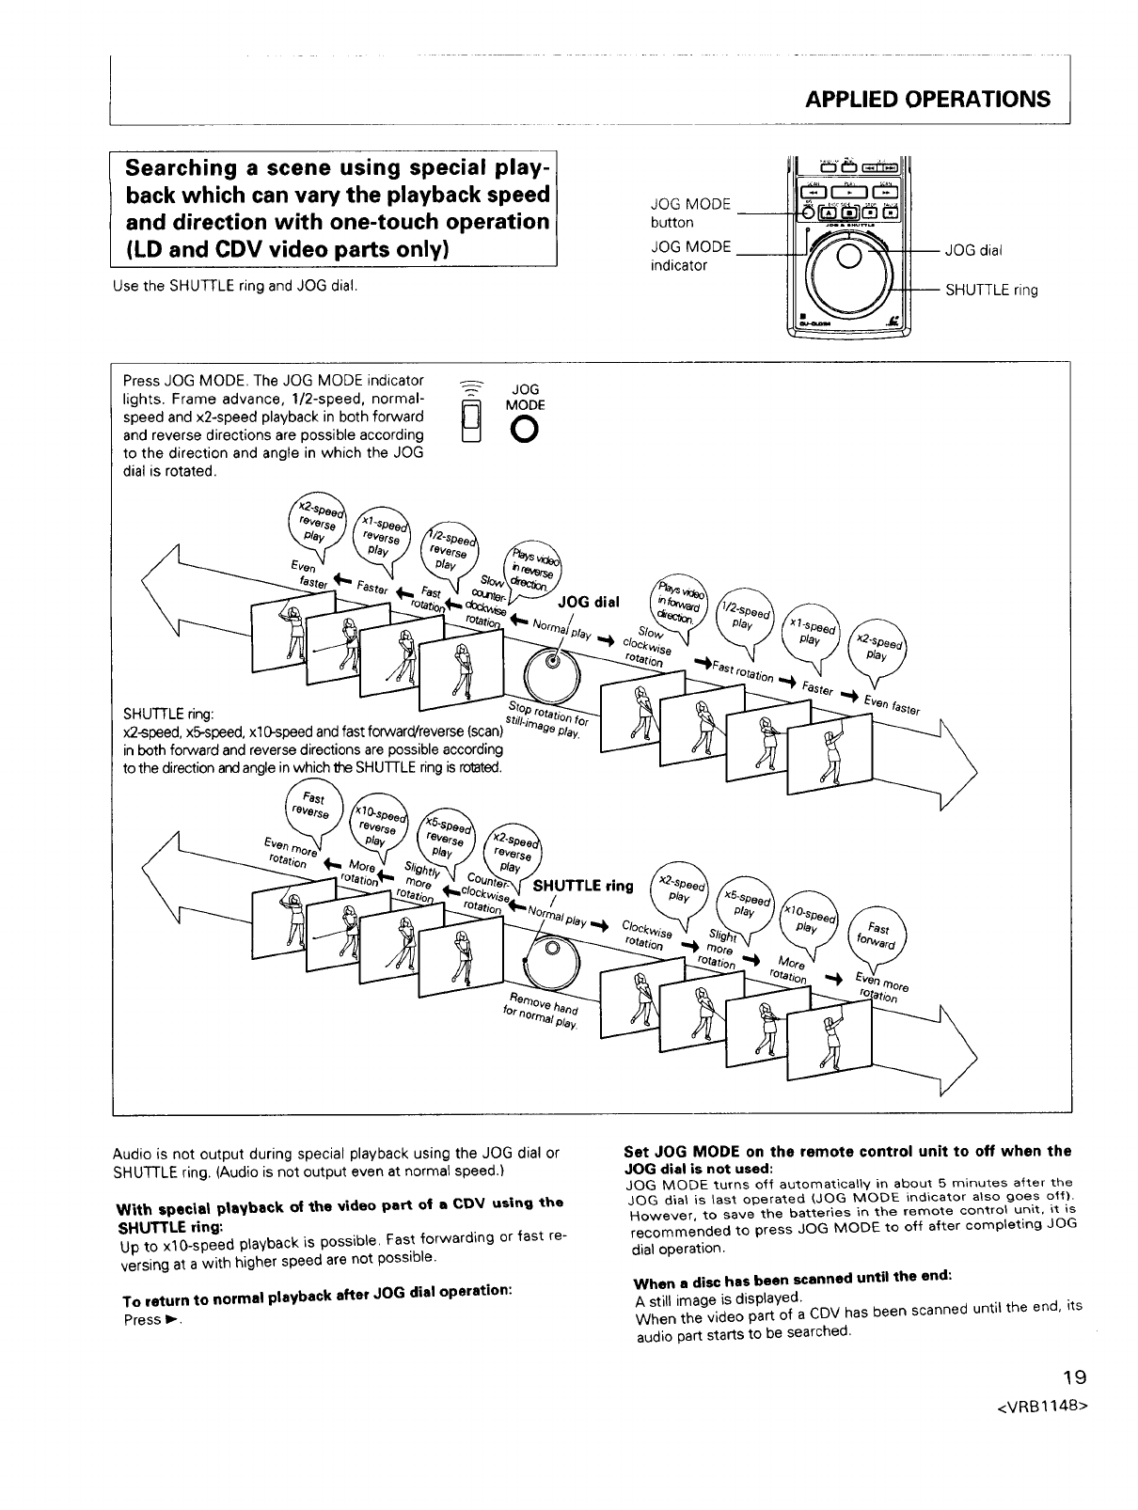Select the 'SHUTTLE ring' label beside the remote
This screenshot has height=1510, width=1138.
[x=991, y=291]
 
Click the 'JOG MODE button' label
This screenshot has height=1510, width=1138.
[x=690, y=213]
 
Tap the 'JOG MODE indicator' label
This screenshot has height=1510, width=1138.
[x=690, y=256]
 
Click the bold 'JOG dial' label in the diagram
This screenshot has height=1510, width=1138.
[x=590, y=602]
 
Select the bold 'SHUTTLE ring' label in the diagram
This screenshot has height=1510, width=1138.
[x=583, y=886]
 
